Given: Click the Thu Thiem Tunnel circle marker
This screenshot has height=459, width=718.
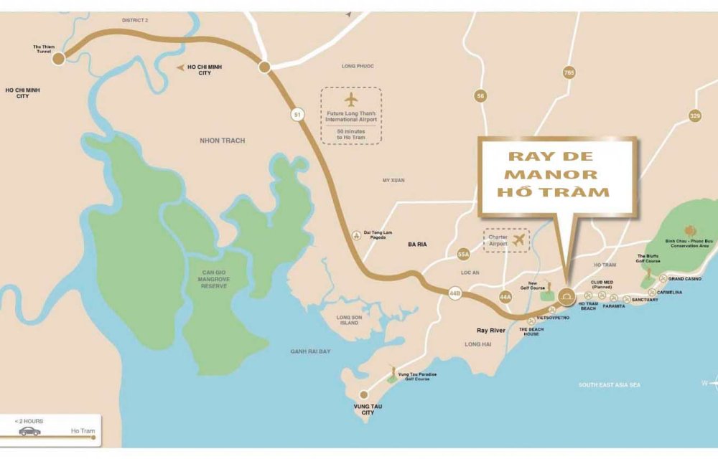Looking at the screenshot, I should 58,59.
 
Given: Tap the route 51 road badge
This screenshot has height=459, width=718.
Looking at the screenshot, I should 297,114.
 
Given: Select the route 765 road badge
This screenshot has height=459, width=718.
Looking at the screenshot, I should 569,72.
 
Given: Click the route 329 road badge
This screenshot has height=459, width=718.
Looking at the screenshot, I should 694,115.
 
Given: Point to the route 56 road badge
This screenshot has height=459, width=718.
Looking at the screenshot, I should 480,95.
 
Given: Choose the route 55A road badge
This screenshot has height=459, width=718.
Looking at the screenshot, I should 463,254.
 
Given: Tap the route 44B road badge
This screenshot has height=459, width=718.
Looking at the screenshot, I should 454,293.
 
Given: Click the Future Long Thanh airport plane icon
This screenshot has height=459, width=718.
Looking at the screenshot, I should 351,99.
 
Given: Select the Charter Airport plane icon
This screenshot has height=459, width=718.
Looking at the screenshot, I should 519,240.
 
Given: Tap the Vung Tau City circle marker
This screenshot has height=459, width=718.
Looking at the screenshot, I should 365,394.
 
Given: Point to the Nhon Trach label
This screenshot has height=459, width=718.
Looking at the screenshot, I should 222,141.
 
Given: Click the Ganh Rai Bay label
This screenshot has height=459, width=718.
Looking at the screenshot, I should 310,351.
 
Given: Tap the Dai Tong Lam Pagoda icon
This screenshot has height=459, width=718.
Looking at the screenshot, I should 356,235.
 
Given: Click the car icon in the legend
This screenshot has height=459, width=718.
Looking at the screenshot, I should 30,431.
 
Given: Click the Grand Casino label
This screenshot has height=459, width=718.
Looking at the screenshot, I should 684,278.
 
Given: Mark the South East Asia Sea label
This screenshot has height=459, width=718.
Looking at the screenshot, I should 610,385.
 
